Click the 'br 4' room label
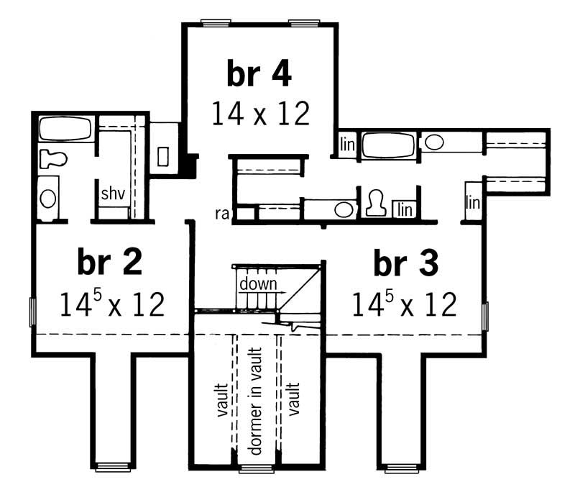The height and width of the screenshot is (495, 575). [x=260, y=74]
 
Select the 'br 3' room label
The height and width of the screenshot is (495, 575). [x=405, y=263]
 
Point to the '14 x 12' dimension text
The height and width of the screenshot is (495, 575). [x=260, y=113]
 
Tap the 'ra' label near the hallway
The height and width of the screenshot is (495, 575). [x=221, y=213]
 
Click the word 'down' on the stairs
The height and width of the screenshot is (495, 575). [x=258, y=283]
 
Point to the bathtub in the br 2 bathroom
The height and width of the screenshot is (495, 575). [x=65, y=130]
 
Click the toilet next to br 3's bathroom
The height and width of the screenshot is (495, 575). [x=374, y=203]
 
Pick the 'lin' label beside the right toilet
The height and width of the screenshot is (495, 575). [x=405, y=209]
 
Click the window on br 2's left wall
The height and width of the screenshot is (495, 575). [x=32, y=312]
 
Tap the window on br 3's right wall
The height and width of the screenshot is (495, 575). [x=485, y=314]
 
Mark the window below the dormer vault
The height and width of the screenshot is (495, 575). [x=257, y=468]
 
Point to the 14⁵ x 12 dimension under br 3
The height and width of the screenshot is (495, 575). [x=405, y=304]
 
